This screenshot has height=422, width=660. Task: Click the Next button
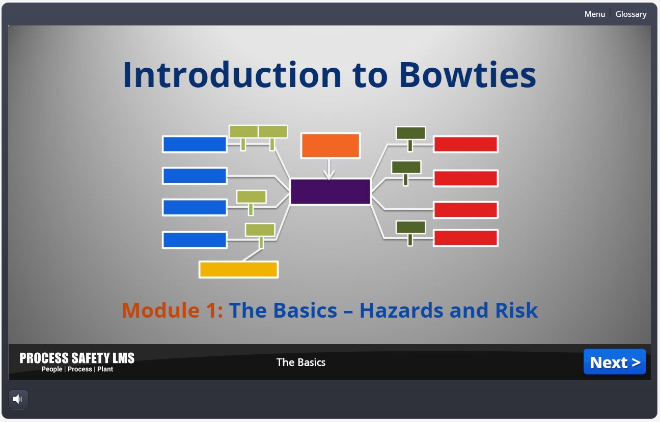pyautogui.click(x=614, y=362)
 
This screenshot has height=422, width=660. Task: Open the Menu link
pyautogui.click(x=594, y=14)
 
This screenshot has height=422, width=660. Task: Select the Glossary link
pyautogui.click(x=630, y=14)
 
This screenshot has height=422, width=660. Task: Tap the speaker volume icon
pyautogui.click(x=18, y=399)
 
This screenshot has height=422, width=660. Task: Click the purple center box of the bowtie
pyautogui.click(x=330, y=192)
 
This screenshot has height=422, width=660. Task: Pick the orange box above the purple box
pyautogui.click(x=330, y=146)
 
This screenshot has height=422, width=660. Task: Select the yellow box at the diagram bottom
pyautogui.click(x=238, y=269)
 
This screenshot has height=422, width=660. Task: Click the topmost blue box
pyautogui.click(x=195, y=144)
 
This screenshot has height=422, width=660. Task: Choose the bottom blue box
pyautogui.click(x=195, y=240)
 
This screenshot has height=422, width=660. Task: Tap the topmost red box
pyautogui.click(x=465, y=144)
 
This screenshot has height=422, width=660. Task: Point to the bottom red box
pyautogui.click(x=465, y=238)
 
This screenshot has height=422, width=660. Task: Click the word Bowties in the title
pyautogui.click(x=467, y=75)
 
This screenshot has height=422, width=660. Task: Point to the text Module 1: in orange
pyautogui.click(x=172, y=310)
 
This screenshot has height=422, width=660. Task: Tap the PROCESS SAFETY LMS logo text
pyautogui.click(x=77, y=358)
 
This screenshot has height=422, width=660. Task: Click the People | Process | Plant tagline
pyautogui.click(x=77, y=369)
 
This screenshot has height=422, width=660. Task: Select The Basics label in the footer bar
pyautogui.click(x=300, y=362)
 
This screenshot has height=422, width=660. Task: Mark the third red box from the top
pyautogui.click(x=465, y=210)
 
